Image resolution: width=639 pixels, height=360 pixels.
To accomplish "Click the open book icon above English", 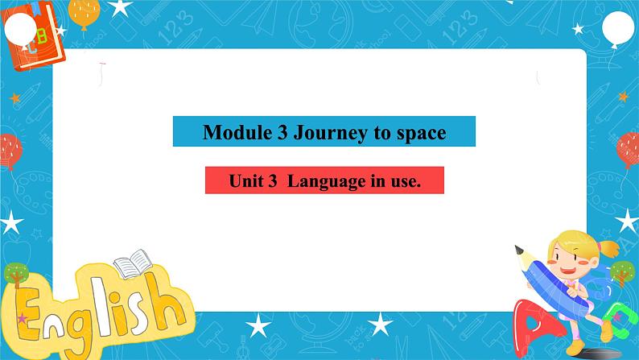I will click(131, 263).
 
